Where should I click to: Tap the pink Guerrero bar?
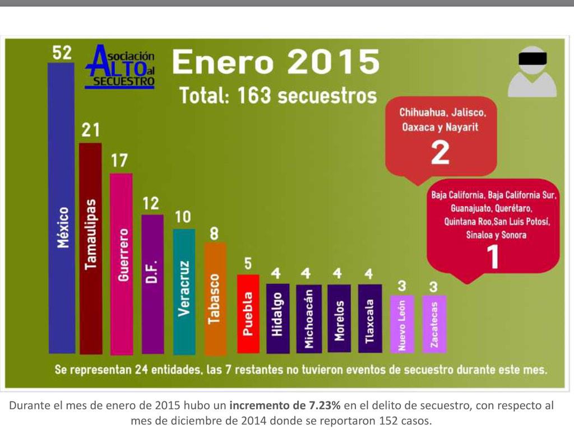[121, 263]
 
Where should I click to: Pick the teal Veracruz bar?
[184, 291]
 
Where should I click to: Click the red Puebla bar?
[248, 314]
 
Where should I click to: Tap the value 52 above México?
[62, 53]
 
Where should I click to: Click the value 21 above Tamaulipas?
[91, 130]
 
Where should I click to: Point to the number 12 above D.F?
[151, 203]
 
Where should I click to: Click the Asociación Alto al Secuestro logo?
[120, 67]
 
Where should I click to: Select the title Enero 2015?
[275, 62]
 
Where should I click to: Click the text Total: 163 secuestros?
[278, 96]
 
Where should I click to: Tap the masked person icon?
[532, 72]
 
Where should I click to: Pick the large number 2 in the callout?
[441, 152]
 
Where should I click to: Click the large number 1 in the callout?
[492, 256]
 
